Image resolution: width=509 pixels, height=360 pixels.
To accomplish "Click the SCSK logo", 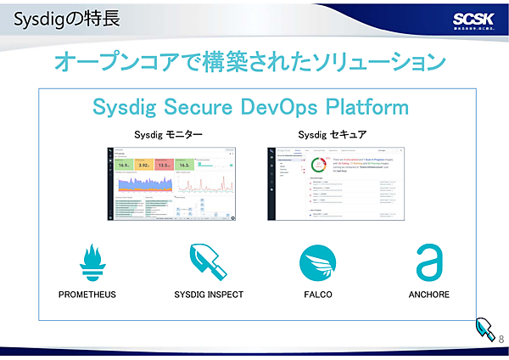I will (469, 20).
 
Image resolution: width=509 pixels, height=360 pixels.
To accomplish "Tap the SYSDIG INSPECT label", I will (209, 295).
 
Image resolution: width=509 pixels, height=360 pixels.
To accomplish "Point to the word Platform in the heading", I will (364, 108).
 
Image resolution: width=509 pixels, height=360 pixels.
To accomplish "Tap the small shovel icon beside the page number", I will (484, 328).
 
